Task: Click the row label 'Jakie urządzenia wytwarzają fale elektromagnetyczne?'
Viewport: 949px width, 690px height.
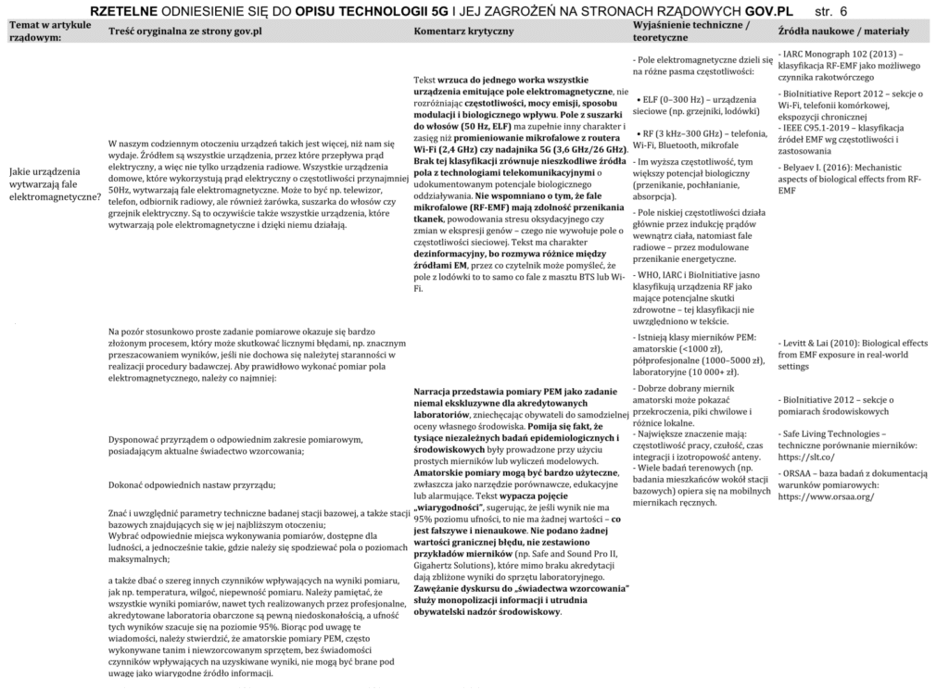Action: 53,184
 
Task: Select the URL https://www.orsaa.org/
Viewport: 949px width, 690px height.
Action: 826,496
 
